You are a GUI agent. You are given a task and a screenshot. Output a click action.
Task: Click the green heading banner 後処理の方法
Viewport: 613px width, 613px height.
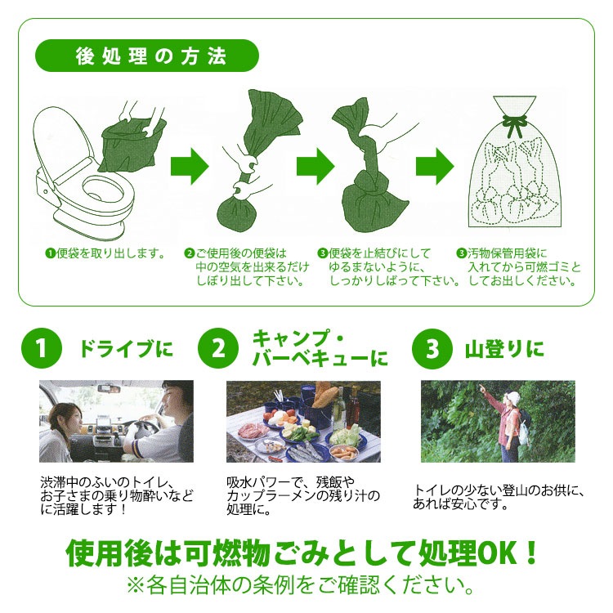(x=146, y=56)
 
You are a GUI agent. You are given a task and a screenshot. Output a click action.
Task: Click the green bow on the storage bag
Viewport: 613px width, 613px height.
(x=512, y=123)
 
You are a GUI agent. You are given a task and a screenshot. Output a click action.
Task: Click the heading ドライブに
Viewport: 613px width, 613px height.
(x=126, y=349)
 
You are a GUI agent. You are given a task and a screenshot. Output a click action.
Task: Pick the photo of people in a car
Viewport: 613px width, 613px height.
(x=116, y=421)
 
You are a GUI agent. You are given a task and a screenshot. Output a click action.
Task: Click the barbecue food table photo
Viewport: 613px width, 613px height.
(x=303, y=429)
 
